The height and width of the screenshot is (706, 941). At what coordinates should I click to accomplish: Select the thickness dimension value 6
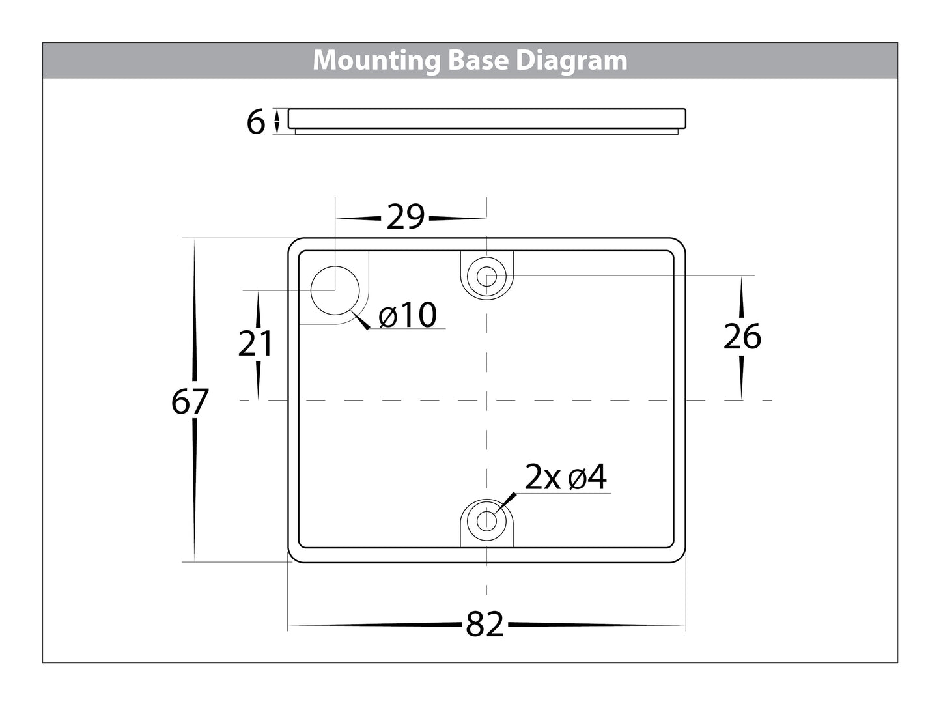point(256,122)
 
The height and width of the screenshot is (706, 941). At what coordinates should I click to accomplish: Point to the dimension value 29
point(405,217)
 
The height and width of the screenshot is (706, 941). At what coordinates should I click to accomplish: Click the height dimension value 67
point(190,402)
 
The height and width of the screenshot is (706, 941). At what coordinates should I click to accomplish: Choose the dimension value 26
point(742,337)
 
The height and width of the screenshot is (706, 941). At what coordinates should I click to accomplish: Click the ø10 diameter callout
point(408,316)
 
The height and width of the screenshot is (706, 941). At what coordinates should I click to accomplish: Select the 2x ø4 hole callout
point(565,478)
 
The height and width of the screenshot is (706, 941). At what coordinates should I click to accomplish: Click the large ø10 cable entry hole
point(335,290)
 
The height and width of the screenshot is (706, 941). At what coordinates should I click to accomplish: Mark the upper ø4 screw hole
point(486,276)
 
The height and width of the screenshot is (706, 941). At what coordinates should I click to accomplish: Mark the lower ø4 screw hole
point(486,520)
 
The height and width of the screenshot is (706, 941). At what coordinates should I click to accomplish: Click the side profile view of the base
point(486,120)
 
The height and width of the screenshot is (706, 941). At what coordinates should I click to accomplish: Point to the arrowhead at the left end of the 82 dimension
point(292,626)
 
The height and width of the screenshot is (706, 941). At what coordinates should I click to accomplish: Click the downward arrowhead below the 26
point(742,395)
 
